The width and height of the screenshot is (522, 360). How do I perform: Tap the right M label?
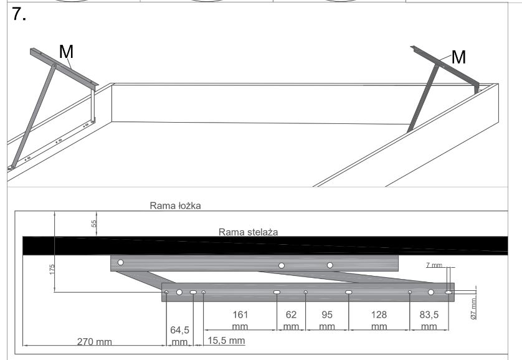coord(458,57)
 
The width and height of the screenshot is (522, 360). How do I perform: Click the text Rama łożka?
coord(174,206)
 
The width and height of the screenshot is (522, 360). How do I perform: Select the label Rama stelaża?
coord(248,231)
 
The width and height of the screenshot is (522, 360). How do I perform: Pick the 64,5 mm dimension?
coord(180,335)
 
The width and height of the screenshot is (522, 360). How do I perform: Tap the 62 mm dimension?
coord(291,320)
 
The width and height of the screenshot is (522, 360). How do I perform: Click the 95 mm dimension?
coord(327,320)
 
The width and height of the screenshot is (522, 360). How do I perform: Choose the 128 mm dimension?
coord(379,320)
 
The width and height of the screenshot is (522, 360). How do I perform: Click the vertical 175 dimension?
coord(52,269)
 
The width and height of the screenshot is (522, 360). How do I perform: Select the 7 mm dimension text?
coord(434,265)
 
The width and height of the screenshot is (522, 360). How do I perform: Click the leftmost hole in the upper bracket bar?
coord(120,263)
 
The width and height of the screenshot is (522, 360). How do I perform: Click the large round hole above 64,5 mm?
coord(179,292)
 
